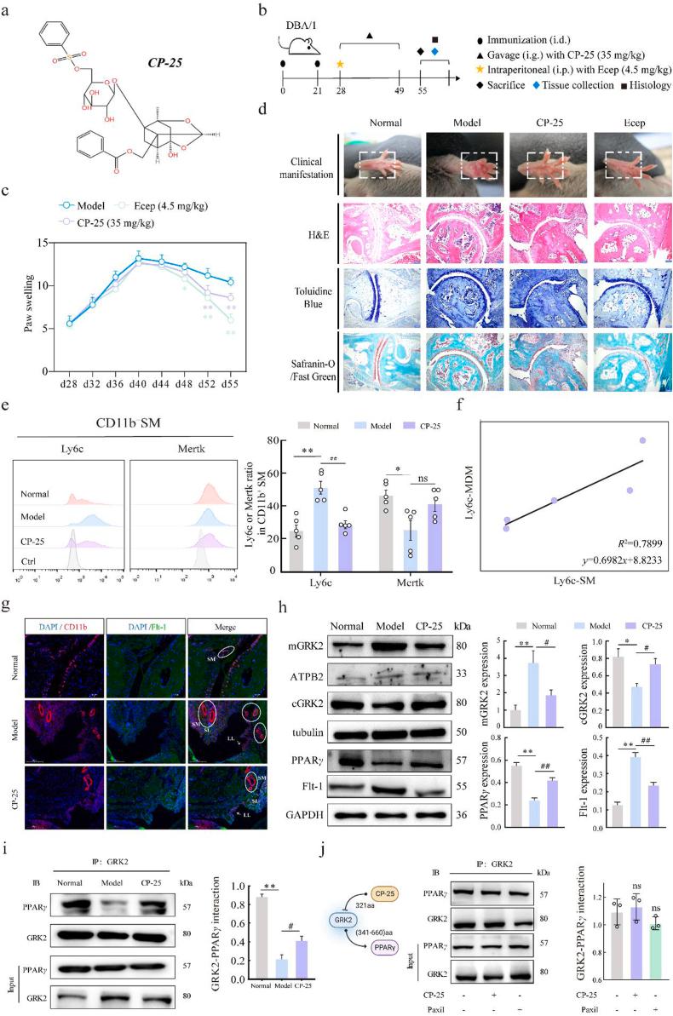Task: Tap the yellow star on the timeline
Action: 340,64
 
